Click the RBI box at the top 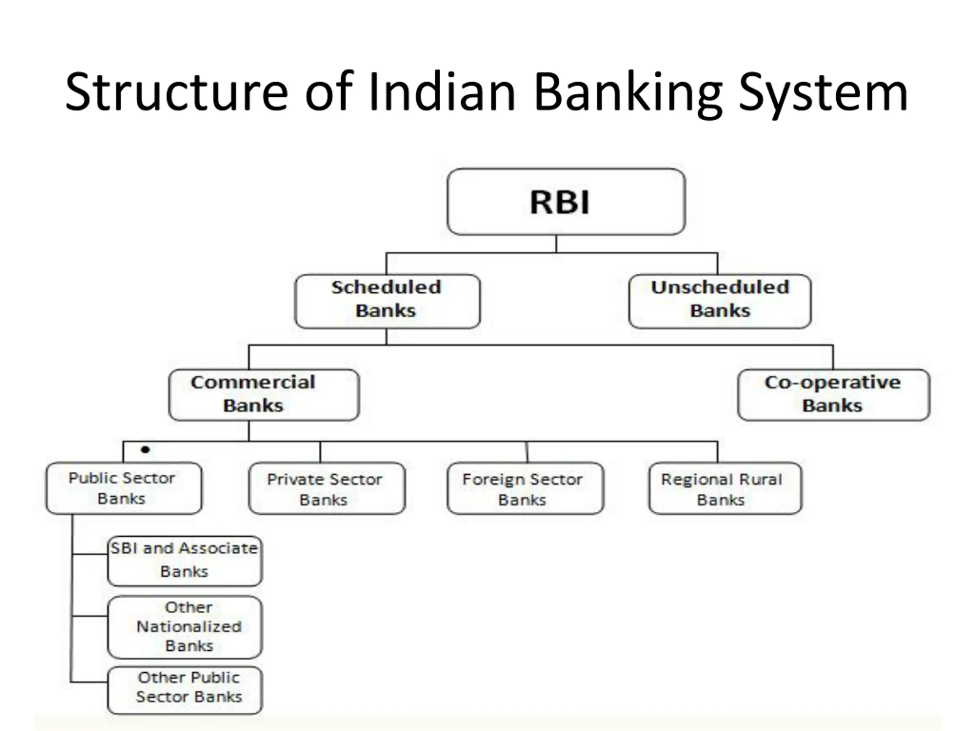[x=566, y=201]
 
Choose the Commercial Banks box [x=264, y=395]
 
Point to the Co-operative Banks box [x=833, y=395]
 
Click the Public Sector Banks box [x=124, y=488]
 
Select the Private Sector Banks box [x=327, y=488]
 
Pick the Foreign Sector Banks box [x=525, y=488]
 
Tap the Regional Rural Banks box [x=725, y=488]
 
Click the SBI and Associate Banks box [x=185, y=560]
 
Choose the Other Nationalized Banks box [x=185, y=627]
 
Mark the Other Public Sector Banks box [x=185, y=690]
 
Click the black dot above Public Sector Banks [x=145, y=449]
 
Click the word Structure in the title [x=176, y=93]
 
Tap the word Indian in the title [x=442, y=93]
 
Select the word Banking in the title [x=628, y=93]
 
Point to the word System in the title [x=823, y=93]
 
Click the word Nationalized [x=189, y=627]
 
